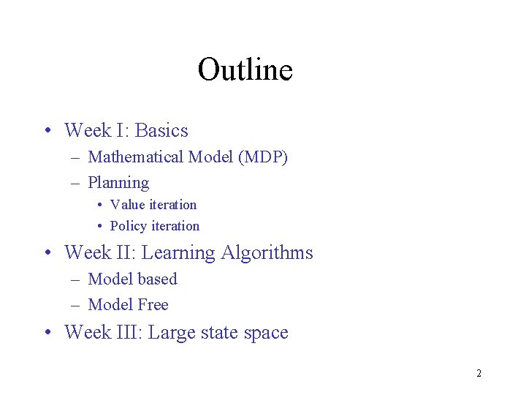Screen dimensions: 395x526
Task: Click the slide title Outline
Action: [245, 70]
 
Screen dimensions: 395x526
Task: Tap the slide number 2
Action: [479, 374]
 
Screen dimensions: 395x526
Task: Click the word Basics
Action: [161, 131]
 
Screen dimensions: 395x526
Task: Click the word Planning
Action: [118, 183]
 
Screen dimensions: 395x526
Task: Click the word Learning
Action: [178, 253]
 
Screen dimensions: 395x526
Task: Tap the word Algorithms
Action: [267, 253]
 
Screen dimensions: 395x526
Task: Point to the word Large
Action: [171, 333]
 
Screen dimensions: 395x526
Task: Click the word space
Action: [266, 333]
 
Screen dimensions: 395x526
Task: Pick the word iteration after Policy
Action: [175, 226]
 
